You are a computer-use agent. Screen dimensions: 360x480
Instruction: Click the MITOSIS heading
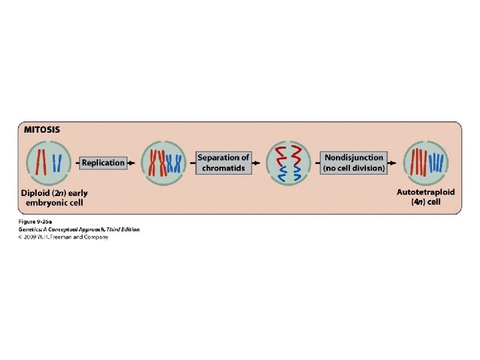41,130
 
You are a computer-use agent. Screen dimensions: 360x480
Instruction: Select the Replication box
103,162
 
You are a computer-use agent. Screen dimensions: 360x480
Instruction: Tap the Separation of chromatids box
223,163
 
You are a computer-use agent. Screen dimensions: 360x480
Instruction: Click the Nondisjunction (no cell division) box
354,163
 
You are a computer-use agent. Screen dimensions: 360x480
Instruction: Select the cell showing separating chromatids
288,163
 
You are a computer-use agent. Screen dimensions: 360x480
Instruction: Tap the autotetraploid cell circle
427,163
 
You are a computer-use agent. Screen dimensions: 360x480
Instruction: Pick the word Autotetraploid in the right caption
425,192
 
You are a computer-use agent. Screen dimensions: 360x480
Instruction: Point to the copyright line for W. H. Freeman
63,236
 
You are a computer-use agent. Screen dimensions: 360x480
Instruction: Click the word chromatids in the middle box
223,168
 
